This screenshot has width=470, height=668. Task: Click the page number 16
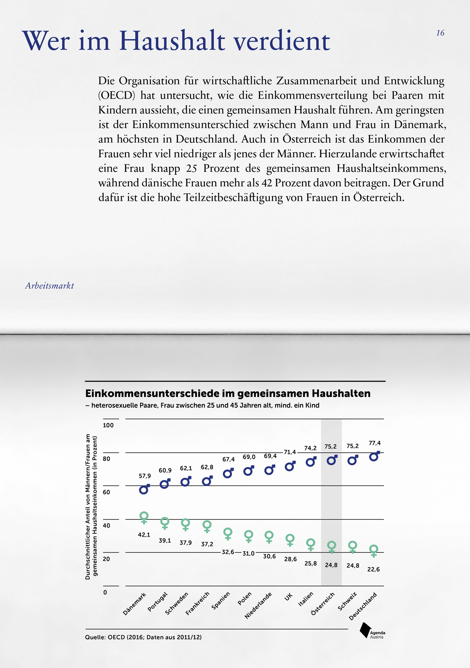(440, 33)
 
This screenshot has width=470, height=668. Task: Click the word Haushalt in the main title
(172, 41)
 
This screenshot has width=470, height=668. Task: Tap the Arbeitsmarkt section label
(49, 286)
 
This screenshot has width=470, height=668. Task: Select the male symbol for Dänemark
(144, 489)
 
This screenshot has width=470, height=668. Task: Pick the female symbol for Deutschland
(374, 550)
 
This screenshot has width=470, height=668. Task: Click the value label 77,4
(374, 443)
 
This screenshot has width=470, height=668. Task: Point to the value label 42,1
(144, 535)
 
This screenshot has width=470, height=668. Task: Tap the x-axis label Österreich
(323, 604)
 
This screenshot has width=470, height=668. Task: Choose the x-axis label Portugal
(158, 602)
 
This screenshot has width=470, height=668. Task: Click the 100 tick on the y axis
(108, 425)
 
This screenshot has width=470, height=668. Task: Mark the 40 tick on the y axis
(107, 526)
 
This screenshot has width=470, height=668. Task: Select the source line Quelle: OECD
(143, 637)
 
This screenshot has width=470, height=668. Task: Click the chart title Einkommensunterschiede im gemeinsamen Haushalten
(228, 393)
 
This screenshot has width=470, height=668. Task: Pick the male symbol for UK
(290, 466)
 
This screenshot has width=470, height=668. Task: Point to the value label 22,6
(373, 570)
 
